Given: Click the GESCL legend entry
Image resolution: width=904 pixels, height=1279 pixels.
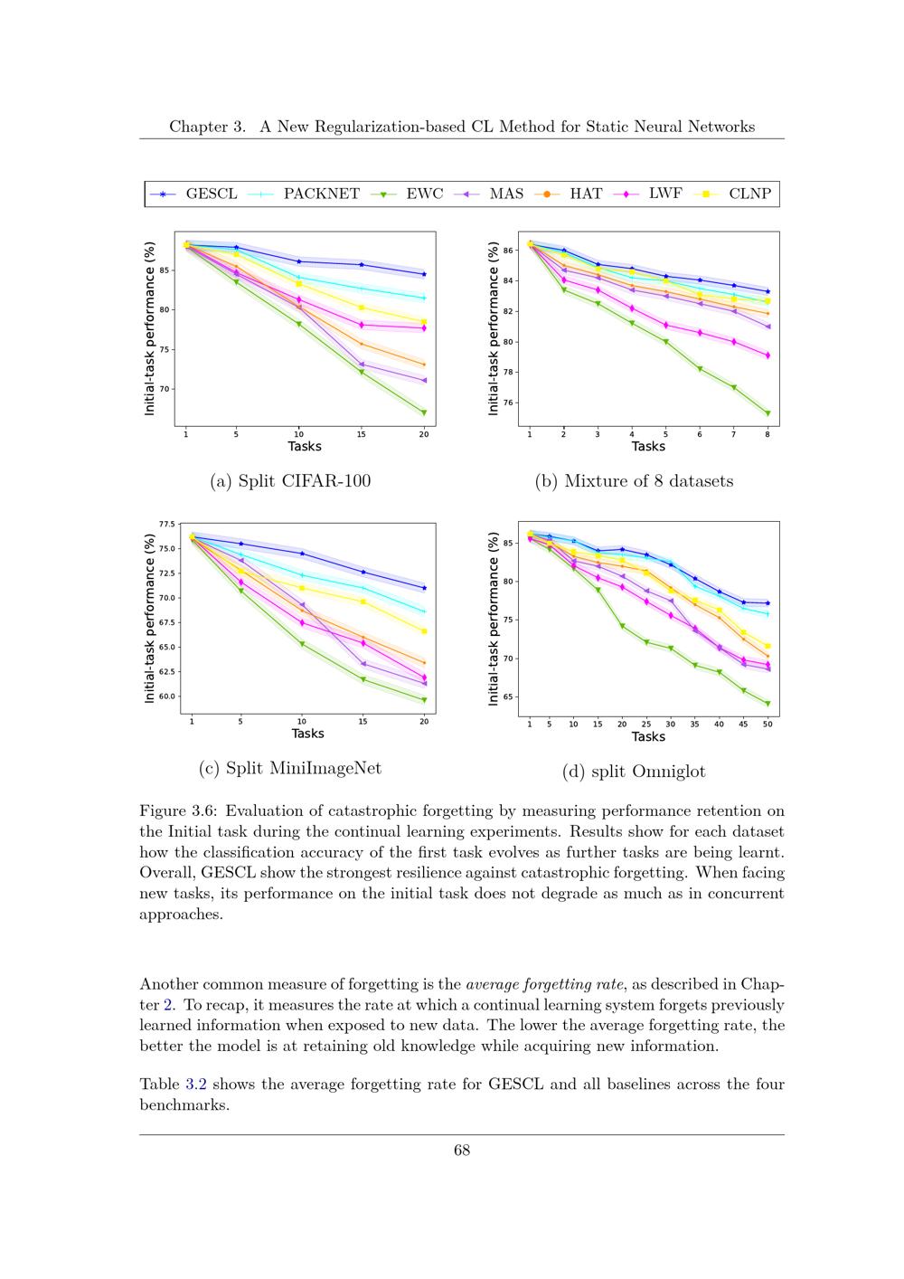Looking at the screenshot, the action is [x=193, y=194].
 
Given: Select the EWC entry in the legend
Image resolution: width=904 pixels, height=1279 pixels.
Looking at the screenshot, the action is [x=407, y=194].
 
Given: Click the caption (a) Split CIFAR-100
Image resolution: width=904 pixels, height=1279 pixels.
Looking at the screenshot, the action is [x=290, y=481].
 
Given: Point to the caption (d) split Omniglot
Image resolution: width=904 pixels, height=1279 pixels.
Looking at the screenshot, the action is [x=634, y=772].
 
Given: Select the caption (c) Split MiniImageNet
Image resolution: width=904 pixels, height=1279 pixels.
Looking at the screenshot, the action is [x=290, y=768].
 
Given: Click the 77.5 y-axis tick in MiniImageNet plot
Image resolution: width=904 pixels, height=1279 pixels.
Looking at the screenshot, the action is [x=167, y=524].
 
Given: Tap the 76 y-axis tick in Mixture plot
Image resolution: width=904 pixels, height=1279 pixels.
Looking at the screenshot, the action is [x=508, y=403].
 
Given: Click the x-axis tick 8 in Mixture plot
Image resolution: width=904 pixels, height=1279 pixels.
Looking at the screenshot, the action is [x=767, y=434].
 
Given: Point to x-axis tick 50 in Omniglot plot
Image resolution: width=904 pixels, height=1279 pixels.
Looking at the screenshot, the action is [x=767, y=724].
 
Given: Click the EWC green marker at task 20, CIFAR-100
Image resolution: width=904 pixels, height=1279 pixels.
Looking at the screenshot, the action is [x=424, y=412].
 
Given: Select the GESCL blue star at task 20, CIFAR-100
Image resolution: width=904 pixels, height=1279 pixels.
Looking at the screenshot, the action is [x=424, y=274].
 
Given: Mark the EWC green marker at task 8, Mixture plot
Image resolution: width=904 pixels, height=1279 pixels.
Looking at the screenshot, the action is [x=767, y=413].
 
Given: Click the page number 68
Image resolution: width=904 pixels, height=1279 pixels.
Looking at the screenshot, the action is [x=462, y=1150].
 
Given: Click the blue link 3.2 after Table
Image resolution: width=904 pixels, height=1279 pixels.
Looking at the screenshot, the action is [x=196, y=1085].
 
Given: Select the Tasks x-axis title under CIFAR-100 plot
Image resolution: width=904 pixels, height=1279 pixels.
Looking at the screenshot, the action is [x=304, y=446].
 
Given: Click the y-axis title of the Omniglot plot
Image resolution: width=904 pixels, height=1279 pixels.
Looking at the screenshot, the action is [x=493, y=619].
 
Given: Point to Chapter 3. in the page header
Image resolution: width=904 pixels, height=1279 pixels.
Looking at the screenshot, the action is [x=207, y=127].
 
